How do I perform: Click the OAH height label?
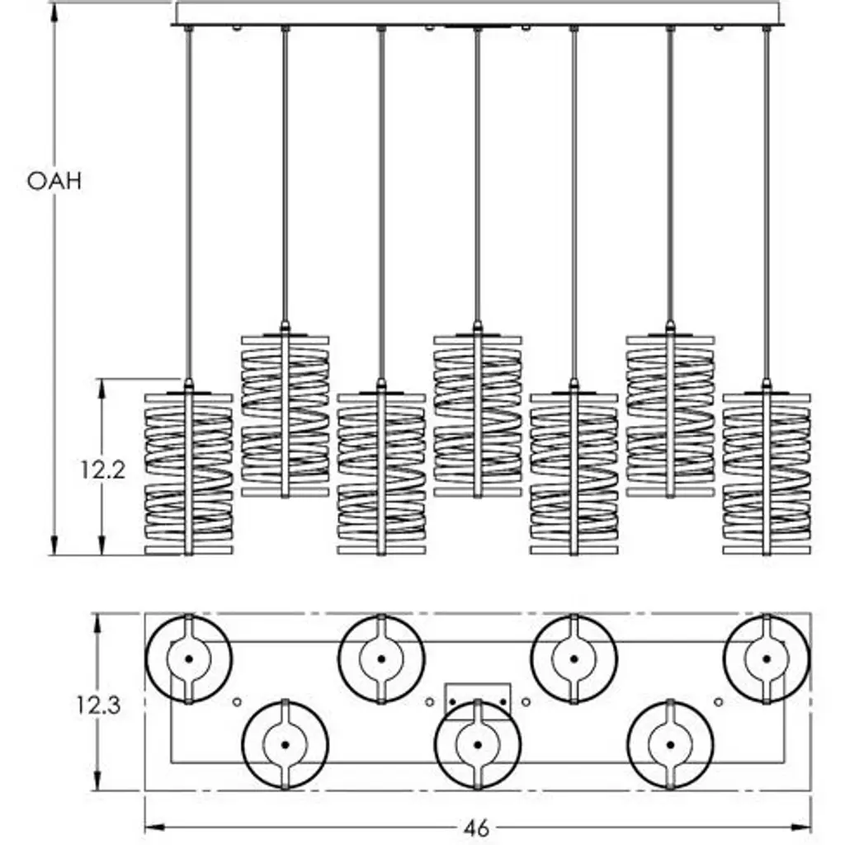(54, 182)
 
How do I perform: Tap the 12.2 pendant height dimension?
(102, 470)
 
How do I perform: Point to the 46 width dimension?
(477, 828)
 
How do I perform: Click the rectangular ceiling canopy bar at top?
(479, 14)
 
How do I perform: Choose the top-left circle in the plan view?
(189, 659)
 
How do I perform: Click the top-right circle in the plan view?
(767, 659)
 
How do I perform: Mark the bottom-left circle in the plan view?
(285, 744)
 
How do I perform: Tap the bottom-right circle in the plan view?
(670, 744)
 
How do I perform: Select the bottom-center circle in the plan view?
(478, 744)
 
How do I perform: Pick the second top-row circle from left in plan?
(381, 659)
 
